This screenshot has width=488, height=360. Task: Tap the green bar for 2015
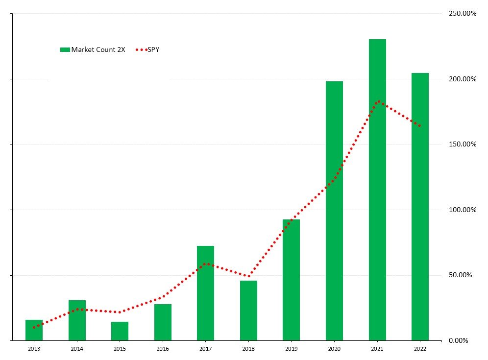(x=120, y=331)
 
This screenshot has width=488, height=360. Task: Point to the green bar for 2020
(x=334, y=211)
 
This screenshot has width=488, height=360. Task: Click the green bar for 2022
(x=420, y=206)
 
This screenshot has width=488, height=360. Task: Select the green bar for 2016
(x=163, y=322)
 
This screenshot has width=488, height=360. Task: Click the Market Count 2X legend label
(x=98, y=49)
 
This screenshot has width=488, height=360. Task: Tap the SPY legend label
(x=153, y=49)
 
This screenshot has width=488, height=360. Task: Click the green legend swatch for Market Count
(x=65, y=49)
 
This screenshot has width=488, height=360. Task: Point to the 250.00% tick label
(x=463, y=14)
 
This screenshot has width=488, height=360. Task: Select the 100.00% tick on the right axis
(x=463, y=210)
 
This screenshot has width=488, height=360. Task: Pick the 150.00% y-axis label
(x=463, y=144)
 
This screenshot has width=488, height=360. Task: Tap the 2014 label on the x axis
(x=77, y=349)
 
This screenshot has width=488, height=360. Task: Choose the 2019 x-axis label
(x=291, y=349)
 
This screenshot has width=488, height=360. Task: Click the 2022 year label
(x=420, y=349)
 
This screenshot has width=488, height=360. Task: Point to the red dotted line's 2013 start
(x=34, y=327)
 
